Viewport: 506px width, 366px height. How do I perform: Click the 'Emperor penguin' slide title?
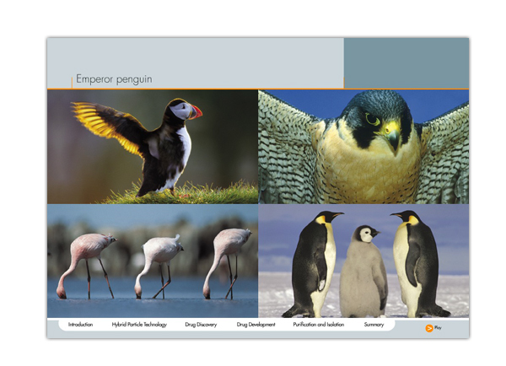(x=114, y=79)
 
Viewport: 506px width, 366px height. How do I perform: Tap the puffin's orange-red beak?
(x=196, y=112)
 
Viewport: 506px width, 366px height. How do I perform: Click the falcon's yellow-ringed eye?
(x=373, y=119)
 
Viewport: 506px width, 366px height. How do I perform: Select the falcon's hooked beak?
(x=392, y=134)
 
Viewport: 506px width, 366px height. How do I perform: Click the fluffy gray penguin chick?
(x=363, y=272)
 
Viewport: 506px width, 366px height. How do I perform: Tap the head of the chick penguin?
(x=367, y=234)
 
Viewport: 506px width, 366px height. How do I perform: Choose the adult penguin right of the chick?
(x=417, y=263)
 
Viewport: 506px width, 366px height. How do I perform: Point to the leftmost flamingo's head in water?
(x=62, y=292)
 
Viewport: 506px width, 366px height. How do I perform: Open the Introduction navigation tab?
(x=80, y=325)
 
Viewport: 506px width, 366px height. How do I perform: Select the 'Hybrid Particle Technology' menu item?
(x=139, y=325)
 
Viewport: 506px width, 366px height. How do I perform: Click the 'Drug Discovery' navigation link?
(x=201, y=325)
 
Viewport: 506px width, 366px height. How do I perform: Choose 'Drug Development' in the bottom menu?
(x=256, y=325)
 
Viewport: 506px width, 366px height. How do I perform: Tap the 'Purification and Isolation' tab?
(x=319, y=325)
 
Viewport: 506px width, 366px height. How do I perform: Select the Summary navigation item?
(x=374, y=325)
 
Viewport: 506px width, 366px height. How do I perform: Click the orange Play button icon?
(x=429, y=328)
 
